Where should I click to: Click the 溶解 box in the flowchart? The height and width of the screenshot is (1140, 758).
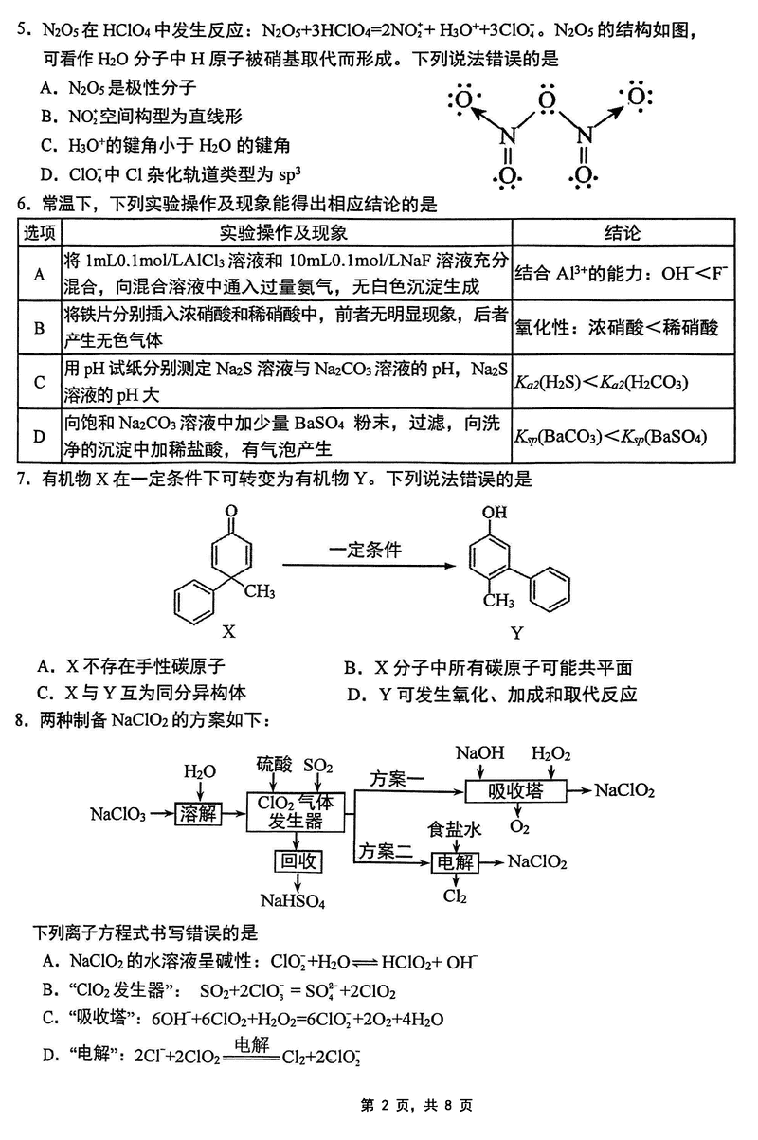click(198, 813)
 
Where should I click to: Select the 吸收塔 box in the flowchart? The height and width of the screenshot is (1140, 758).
click(514, 791)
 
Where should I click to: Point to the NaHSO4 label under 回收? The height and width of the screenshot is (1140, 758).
click(294, 900)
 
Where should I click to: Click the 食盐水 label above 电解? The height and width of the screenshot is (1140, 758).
click(455, 830)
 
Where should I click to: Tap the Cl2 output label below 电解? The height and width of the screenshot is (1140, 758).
click(455, 896)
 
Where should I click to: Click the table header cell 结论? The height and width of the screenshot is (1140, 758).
click(623, 234)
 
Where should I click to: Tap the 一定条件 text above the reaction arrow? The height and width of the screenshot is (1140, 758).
click(366, 550)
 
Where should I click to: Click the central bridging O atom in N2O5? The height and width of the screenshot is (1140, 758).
click(544, 99)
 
